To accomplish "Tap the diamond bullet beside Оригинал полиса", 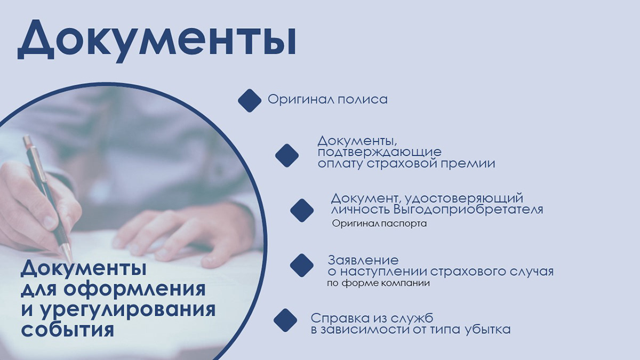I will (x=249, y=100).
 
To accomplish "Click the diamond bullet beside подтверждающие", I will (x=287, y=155).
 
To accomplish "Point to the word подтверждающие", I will (x=379, y=153).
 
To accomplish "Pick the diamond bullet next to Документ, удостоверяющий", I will (x=302, y=210).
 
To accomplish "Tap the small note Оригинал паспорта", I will (x=379, y=224).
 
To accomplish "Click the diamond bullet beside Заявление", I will (x=301, y=265).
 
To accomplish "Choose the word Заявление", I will (x=363, y=261).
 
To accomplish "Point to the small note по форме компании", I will (x=378, y=283).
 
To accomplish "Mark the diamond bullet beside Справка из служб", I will (x=285, y=320).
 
